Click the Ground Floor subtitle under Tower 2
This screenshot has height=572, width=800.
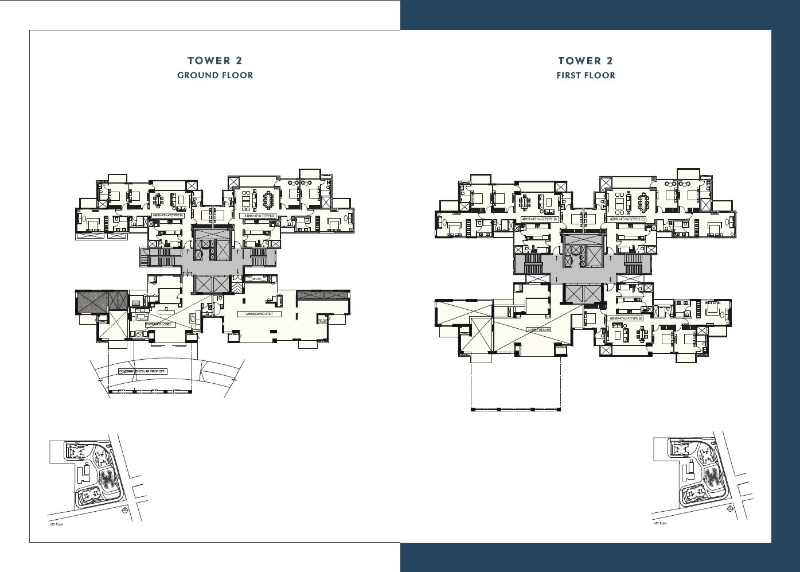pyautogui.click(x=215, y=75)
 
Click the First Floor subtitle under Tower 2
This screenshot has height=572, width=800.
pyautogui.click(x=586, y=75)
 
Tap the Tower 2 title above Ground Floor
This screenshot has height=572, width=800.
pyautogui.click(x=215, y=60)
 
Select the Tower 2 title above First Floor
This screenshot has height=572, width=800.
pyautogui.click(x=586, y=60)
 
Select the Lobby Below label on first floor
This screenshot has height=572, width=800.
pyautogui.click(x=539, y=330)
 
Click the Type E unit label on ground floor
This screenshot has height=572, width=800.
pyautogui.click(x=257, y=216)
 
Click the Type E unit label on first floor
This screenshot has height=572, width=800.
pyautogui.click(x=627, y=219)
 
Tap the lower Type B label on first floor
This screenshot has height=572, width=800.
pyautogui.click(x=626, y=318)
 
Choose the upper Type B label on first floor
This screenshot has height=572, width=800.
pyautogui.click(x=539, y=219)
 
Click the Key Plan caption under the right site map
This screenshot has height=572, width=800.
pyautogui.click(x=659, y=523)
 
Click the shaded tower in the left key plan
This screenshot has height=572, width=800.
pyautogui.click(x=106, y=477)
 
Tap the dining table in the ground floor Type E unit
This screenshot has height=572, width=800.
pyautogui.click(x=268, y=200)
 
